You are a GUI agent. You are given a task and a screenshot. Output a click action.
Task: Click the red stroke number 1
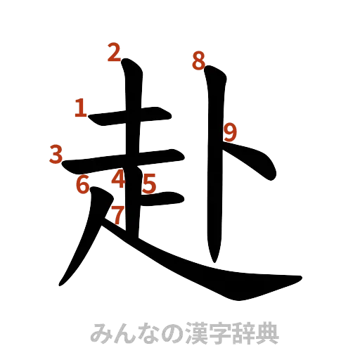[81, 108]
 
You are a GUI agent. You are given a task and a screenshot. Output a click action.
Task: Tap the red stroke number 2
[115, 51]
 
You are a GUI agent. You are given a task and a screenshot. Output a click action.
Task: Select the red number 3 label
[57, 153]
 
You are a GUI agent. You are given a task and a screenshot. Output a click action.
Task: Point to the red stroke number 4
[118, 179]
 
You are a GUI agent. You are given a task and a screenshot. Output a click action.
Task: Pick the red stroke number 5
[148, 184]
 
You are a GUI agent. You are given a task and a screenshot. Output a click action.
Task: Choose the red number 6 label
[83, 185]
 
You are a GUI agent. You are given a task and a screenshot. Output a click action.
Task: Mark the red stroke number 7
[117, 213]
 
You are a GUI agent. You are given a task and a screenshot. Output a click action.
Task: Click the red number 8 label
[199, 61]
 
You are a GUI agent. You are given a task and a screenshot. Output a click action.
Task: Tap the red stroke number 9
[230, 131]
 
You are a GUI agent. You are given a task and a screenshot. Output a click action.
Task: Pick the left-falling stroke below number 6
[81, 246]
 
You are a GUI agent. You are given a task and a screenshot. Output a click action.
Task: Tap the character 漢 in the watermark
[198, 333]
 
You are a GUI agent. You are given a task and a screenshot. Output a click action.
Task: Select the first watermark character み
[103, 333]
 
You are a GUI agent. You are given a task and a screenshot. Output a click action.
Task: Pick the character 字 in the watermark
[221, 333]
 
